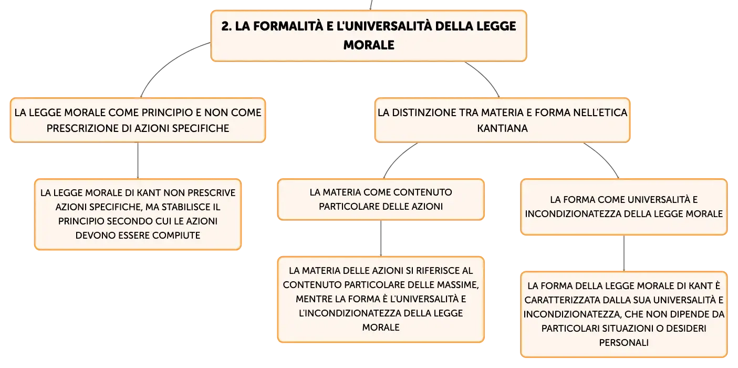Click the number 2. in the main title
[x=227, y=26]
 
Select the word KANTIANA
[x=503, y=128]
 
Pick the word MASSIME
[x=458, y=284]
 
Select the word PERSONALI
[x=623, y=343]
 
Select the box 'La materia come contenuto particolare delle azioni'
[x=381, y=199]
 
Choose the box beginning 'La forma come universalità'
[x=623, y=207]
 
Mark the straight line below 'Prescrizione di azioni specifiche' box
[x=138, y=160]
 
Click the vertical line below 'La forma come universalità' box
[x=623, y=253]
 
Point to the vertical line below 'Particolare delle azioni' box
[x=381, y=238]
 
